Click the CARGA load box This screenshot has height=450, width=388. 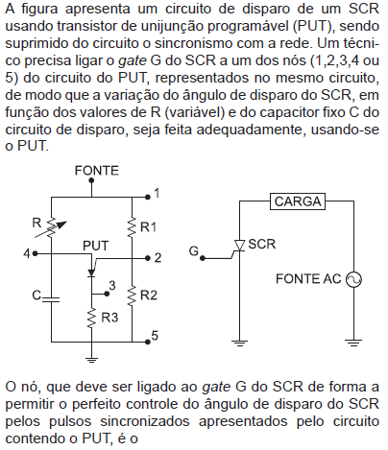298,201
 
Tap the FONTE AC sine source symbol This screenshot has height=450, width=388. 353,279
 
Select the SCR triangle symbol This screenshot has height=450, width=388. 240,246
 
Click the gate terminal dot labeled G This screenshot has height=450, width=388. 203,258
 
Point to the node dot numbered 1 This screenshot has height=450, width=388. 148,197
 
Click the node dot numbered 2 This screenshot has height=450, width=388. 148,258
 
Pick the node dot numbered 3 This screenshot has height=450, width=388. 107,294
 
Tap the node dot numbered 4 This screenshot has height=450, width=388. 35,253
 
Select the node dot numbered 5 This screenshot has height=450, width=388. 148,342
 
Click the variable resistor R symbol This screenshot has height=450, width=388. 51,227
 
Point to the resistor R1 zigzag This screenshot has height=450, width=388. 132,227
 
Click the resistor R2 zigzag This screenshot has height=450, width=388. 132,296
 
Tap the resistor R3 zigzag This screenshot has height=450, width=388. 91,318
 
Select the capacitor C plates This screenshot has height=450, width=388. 51,299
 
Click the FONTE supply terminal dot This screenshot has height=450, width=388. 91,180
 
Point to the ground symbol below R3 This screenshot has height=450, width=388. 91,360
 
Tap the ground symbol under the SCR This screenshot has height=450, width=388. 240,343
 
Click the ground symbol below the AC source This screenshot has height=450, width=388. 353,343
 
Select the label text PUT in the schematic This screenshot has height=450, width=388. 96,246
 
